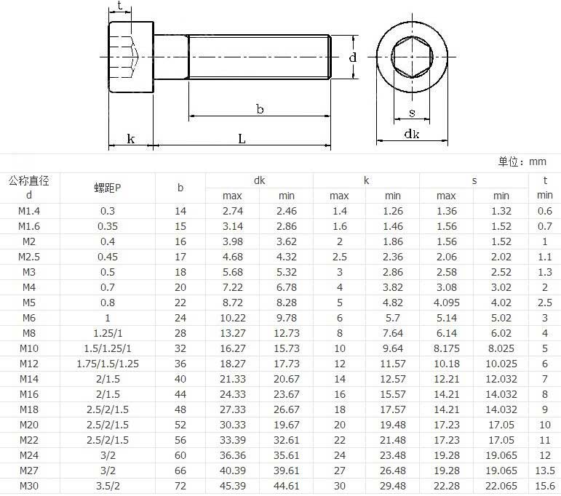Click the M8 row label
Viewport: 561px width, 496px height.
29,333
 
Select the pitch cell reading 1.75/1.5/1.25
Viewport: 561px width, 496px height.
108,364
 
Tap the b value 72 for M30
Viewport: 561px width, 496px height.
180,486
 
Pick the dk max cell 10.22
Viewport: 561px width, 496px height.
233,318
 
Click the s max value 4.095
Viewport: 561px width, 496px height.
447,303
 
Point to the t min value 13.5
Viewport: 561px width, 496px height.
545,471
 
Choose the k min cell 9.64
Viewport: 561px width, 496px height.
393,348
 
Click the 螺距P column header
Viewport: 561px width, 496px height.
108,188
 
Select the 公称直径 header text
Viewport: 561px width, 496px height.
29,180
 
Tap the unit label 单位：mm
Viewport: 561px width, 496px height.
522,161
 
